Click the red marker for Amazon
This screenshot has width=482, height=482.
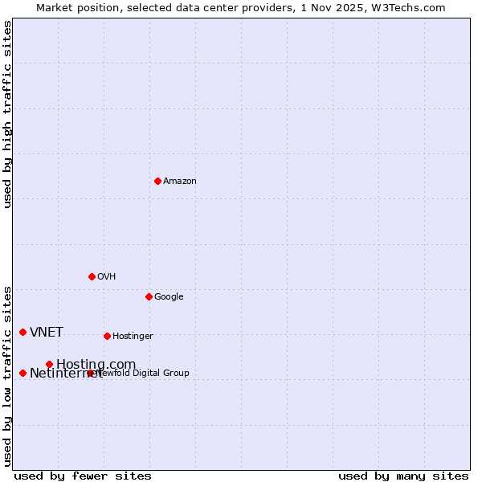tap(157, 181)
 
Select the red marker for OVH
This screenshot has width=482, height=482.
tap(92, 276)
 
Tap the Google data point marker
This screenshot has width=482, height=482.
tap(149, 296)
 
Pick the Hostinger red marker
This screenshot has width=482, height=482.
tap(107, 336)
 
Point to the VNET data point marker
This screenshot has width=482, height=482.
tap(22, 332)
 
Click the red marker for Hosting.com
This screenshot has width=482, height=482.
tap(49, 364)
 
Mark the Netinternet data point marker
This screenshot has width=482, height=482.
tap(22, 373)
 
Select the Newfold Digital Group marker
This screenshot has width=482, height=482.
tap(90, 373)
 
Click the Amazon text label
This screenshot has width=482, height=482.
tap(180, 182)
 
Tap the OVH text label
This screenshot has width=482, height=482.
tap(107, 277)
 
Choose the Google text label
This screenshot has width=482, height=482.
tap(169, 297)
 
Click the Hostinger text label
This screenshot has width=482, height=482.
tap(133, 337)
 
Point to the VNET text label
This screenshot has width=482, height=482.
tap(47, 333)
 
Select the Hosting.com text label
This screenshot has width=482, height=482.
tap(96, 365)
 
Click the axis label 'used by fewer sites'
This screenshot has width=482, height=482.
tap(83, 476)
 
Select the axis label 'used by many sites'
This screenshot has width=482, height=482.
tap(403, 476)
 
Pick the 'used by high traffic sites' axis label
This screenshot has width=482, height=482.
tap(8, 114)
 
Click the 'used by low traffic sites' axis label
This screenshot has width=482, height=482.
tap(8, 376)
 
